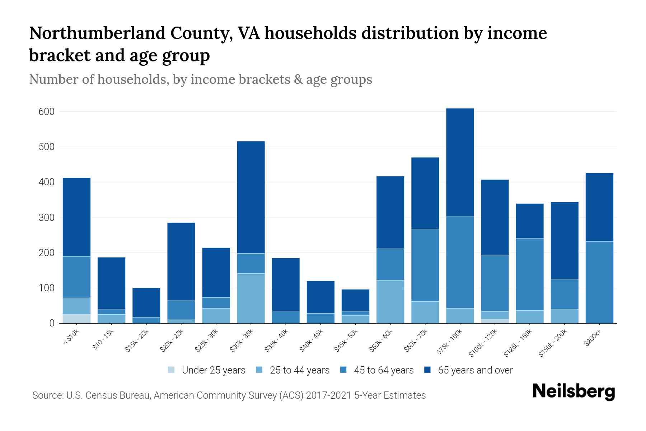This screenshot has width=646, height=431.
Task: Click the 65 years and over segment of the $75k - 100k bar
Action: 460,162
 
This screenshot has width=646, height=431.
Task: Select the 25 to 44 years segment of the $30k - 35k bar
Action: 251,298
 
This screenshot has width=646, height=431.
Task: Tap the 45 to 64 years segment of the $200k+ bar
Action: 599,282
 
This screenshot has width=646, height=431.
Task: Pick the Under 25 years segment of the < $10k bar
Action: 76,319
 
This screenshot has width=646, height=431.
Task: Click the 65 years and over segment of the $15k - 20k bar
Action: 146,302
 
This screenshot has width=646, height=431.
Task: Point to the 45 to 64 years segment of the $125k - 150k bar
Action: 529,274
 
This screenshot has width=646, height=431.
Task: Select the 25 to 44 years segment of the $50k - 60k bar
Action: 390,302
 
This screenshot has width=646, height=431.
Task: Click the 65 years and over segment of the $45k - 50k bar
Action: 355,300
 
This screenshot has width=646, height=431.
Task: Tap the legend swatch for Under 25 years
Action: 172,370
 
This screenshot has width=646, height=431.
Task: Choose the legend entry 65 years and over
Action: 475,370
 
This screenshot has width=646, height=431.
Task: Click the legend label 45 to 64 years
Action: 383,370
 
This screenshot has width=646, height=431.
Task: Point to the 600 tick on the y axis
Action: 47,112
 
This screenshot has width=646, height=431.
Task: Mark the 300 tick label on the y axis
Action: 47,218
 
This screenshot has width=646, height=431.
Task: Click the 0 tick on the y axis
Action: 52,323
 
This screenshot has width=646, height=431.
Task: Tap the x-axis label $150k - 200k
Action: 553,344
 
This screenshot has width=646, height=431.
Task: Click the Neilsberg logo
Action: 574,391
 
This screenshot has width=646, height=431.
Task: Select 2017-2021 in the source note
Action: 328,395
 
